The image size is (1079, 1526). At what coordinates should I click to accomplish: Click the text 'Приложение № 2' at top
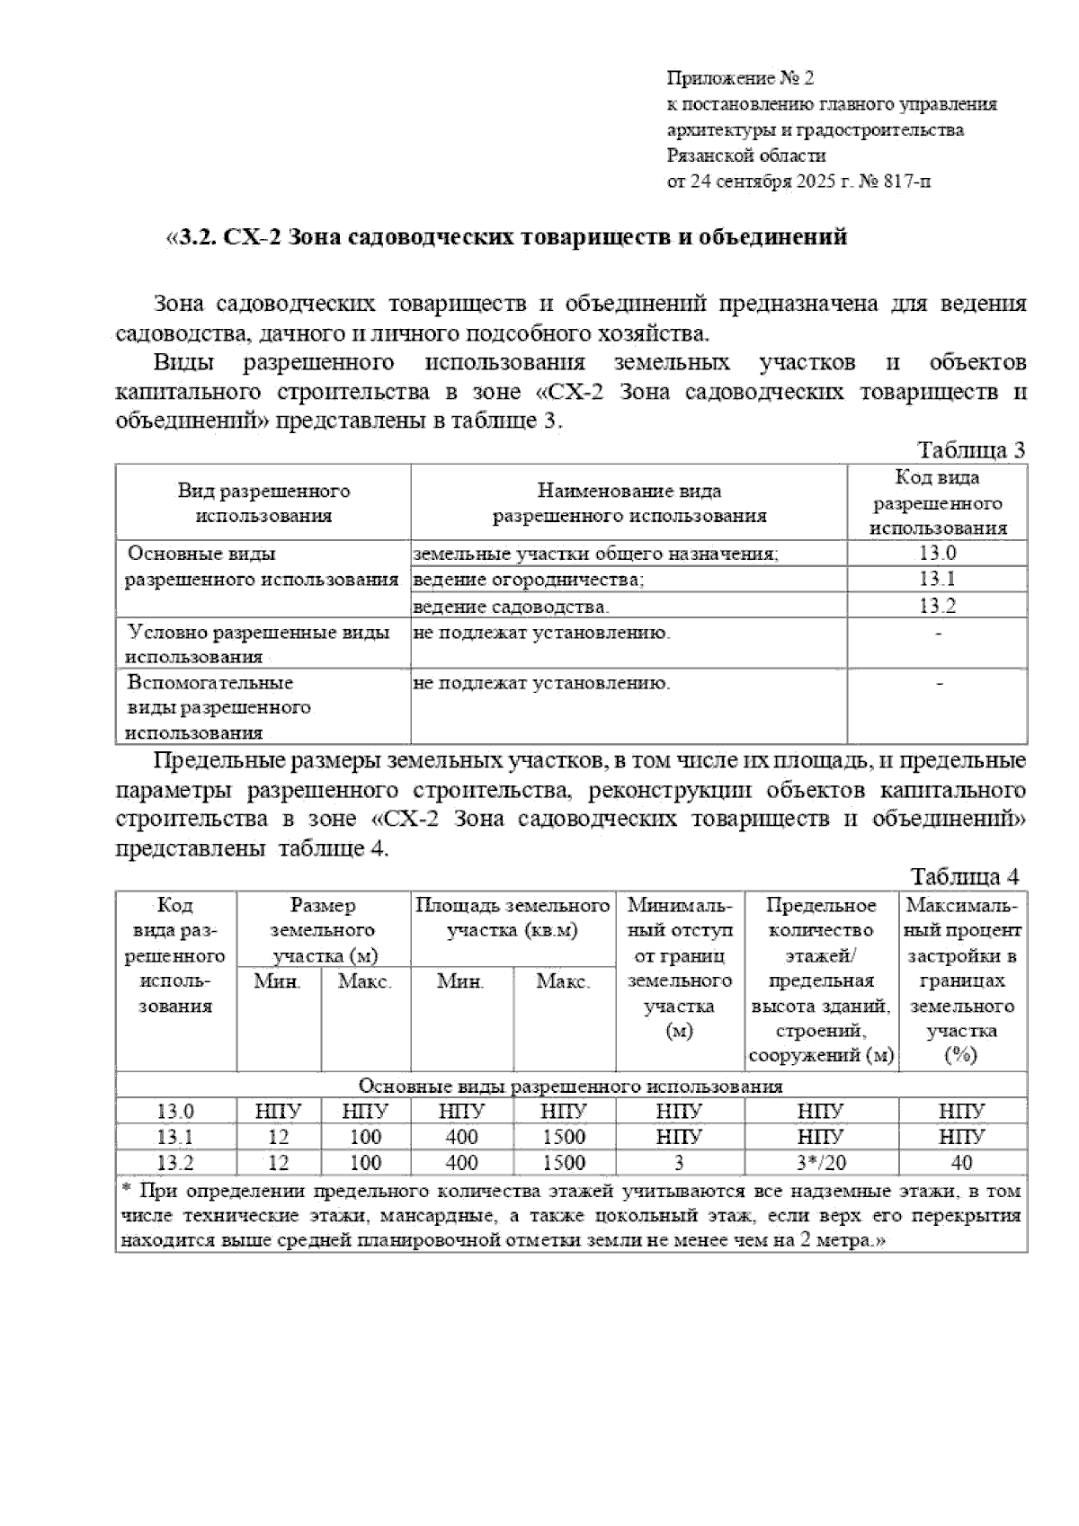point(740,78)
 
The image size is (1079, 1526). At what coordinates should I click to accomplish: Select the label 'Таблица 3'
point(970,450)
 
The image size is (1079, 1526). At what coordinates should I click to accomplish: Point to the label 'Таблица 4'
point(965,875)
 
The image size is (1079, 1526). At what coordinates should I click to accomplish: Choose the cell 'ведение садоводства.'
point(511,606)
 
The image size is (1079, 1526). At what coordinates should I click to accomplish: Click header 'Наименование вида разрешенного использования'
point(629,503)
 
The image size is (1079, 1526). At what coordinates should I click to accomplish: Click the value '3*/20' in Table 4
point(821,1163)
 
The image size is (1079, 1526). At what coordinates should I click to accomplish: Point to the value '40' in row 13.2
point(961,1163)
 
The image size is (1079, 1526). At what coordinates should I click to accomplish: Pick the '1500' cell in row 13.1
point(564,1137)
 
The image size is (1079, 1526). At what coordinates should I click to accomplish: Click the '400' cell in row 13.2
point(461,1163)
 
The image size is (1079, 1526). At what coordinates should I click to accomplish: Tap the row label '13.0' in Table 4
point(175,1112)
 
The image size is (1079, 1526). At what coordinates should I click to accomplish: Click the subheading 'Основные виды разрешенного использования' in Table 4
point(571,1086)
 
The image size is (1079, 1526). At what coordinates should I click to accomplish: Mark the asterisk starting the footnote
point(126,1191)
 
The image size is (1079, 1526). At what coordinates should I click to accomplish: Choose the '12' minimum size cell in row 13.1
point(278,1137)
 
